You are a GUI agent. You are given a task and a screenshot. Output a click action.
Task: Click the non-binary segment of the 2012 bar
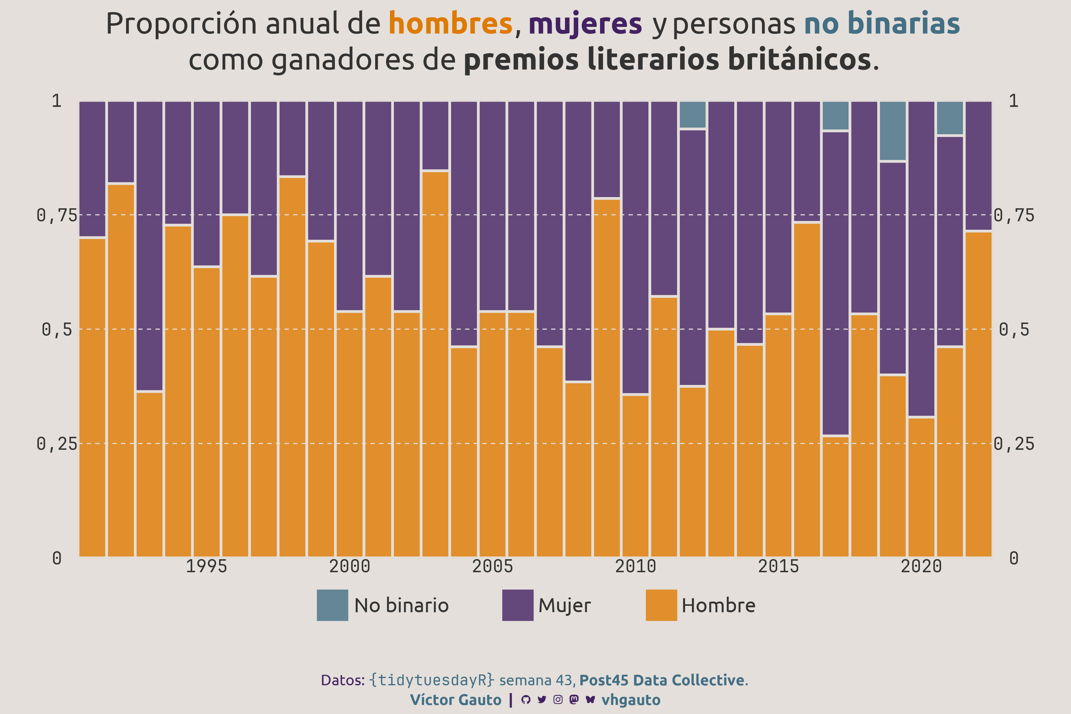(692, 114)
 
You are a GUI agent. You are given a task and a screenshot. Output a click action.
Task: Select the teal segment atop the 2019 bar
(892, 131)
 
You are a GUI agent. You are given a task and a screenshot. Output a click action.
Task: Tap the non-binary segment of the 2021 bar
(949, 118)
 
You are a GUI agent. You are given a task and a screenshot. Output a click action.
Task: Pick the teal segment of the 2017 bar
(835, 115)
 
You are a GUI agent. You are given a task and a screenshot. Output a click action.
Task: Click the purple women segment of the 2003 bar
(435, 135)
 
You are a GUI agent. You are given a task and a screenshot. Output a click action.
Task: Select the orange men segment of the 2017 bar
(835, 496)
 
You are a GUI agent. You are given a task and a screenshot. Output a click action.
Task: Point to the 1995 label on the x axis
(206, 566)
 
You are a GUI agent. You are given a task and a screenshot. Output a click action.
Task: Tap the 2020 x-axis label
(921, 566)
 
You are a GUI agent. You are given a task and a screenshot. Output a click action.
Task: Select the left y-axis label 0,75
(57, 216)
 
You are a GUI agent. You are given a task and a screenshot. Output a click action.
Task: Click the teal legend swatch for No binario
(333, 605)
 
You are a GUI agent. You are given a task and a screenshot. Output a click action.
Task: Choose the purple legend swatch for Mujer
(518, 605)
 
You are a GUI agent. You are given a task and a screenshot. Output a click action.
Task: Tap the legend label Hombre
(718, 605)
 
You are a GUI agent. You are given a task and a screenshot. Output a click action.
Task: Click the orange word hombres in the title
(450, 24)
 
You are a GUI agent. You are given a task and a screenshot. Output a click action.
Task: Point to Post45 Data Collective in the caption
(662, 680)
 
